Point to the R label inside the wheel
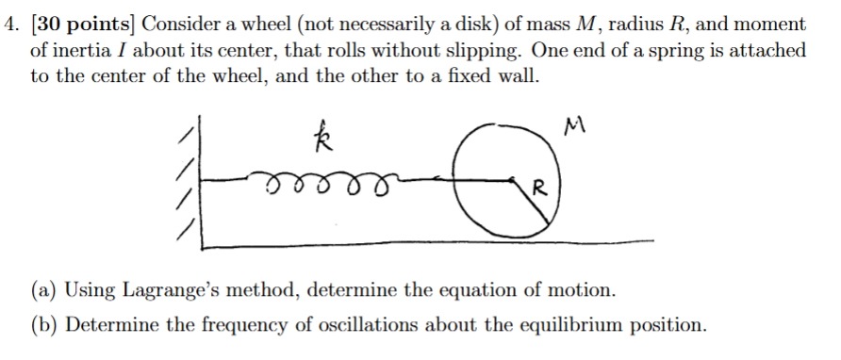tap(536, 188)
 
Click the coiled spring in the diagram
tap(322, 179)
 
